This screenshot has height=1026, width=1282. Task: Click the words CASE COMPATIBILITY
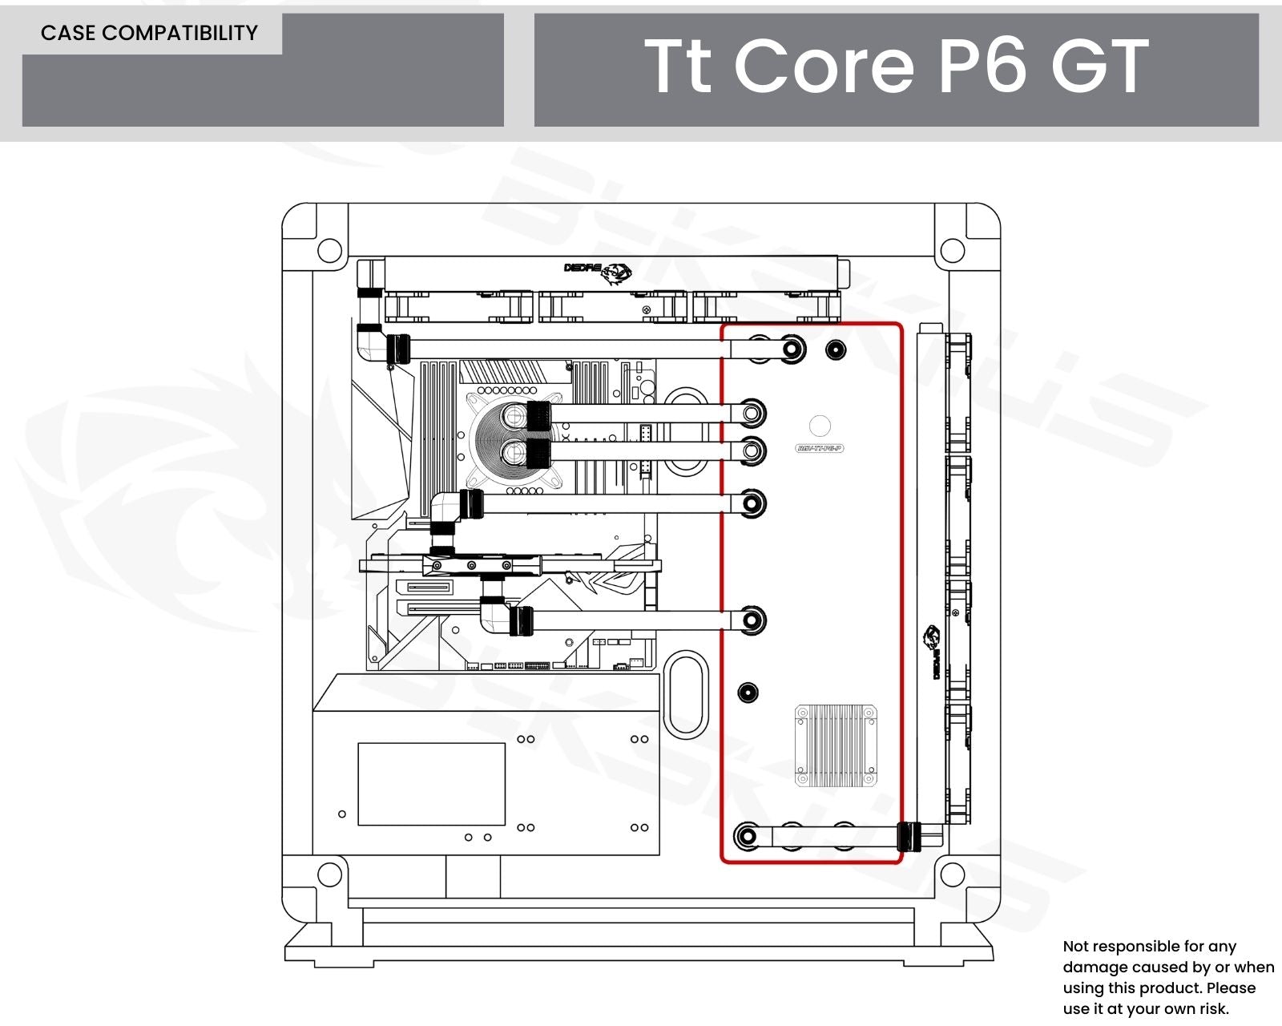[149, 33]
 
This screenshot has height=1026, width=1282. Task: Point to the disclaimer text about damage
[1167, 977]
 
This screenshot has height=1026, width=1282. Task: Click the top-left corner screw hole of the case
[329, 250]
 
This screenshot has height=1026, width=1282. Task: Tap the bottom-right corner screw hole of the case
[952, 875]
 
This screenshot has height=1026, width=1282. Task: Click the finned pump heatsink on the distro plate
[835, 745]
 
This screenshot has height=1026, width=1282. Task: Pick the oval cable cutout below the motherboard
[685, 694]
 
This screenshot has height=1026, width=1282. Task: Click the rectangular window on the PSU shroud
[431, 784]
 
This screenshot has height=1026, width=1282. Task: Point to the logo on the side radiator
[933, 652]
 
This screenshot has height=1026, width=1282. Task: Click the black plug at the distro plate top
[835, 349]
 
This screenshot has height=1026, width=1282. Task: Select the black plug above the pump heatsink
[748, 693]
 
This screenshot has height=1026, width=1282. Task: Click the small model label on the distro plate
[820, 449]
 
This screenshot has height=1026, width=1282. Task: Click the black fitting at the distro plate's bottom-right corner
[908, 837]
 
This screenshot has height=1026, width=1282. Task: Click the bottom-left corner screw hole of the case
[329, 875]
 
